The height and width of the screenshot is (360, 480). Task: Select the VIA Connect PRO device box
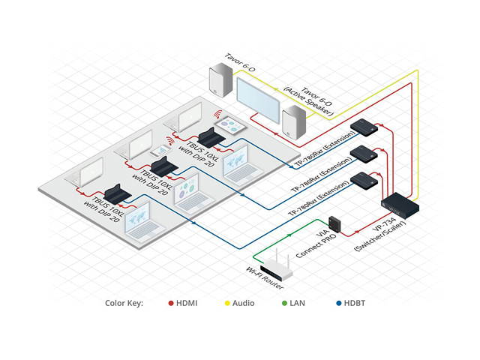(x=334, y=224)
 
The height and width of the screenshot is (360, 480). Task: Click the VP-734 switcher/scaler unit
(x=400, y=203)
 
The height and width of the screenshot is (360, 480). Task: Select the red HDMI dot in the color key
(x=171, y=303)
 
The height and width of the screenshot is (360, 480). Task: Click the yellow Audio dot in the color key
(x=228, y=303)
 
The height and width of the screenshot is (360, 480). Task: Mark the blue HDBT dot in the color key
(x=340, y=303)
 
